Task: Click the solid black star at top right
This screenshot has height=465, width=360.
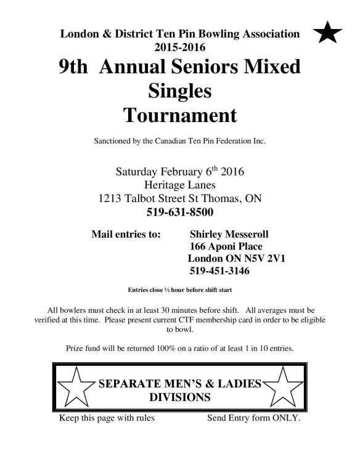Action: tap(328, 33)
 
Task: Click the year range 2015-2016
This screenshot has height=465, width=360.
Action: tap(180, 46)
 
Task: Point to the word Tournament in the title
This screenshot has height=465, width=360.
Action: tap(179, 115)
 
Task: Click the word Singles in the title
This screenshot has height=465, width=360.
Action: tap(180, 91)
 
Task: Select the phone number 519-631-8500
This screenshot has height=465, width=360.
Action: tap(180, 212)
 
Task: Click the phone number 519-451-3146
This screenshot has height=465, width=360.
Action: tap(219, 271)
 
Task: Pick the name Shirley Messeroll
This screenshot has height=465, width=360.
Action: tap(229, 234)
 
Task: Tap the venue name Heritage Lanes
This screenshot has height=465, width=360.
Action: tap(180, 185)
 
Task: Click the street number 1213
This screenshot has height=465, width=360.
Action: tap(111, 199)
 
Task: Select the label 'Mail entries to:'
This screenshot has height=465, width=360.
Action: tap(126, 234)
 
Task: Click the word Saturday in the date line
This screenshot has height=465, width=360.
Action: tap(139, 171)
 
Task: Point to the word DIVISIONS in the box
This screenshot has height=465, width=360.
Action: tap(180, 397)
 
